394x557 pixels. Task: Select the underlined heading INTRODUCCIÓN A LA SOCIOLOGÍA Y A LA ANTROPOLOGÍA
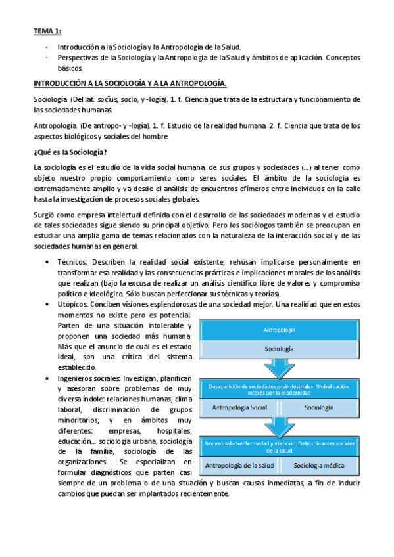(130, 84)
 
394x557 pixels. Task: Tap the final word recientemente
(199, 494)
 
